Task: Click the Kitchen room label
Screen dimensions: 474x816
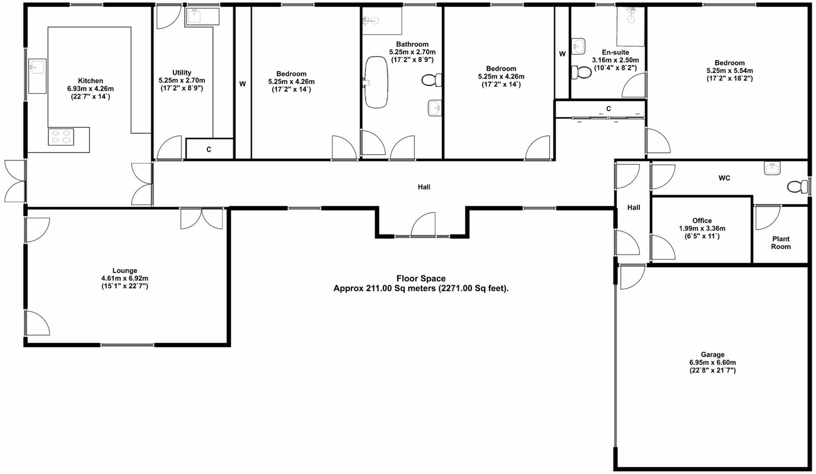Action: pos(90,81)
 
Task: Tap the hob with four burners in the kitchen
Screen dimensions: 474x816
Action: pos(61,137)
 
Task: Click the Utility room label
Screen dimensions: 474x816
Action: pos(182,73)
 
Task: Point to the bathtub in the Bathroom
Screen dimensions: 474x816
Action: pos(376,82)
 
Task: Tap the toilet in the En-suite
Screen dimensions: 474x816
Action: pos(581,72)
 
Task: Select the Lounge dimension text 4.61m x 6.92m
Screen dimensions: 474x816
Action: pos(124,278)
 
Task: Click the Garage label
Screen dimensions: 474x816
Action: pos(712,355)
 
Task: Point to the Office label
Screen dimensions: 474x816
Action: pos(702,221)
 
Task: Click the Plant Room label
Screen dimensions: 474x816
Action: pos(781,243)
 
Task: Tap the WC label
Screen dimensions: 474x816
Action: pos(724,178)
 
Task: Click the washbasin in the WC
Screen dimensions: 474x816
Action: pos(772,168)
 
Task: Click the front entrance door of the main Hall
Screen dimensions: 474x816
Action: pos(423,225)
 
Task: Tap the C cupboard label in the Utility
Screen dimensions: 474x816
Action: pos(209,150)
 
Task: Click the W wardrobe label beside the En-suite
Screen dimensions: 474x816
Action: pos(562,54)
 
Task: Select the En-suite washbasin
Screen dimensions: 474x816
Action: pos(579,46)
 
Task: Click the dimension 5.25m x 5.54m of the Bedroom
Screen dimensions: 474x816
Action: pos(729,71)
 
